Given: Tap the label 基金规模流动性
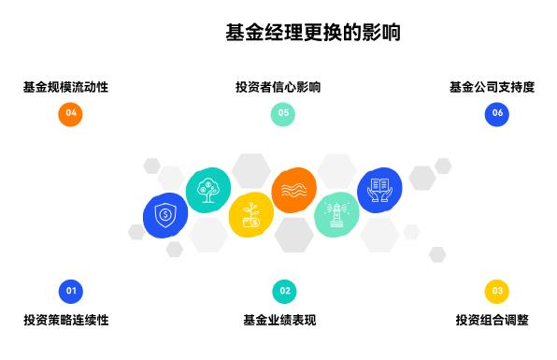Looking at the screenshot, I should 66,87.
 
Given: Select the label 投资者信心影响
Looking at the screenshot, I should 278,87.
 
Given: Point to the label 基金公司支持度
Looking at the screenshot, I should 492,87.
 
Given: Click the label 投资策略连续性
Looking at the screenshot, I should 66,320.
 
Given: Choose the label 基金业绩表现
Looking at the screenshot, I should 279,320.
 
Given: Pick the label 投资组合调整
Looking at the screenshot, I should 493,320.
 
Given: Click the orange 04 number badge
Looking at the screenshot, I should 70,114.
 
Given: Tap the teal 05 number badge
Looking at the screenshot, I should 283,114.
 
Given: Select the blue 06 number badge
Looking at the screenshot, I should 497,114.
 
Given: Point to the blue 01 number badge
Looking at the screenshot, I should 70,291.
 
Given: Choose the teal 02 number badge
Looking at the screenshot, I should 284,291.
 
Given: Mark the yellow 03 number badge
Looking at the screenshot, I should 497,291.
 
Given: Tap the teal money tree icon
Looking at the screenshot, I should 207,191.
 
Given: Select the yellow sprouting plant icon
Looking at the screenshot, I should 250,215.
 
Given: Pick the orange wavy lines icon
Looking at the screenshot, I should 293,190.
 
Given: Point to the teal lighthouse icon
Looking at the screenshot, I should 336,215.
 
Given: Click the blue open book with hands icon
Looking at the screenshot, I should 379,190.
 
